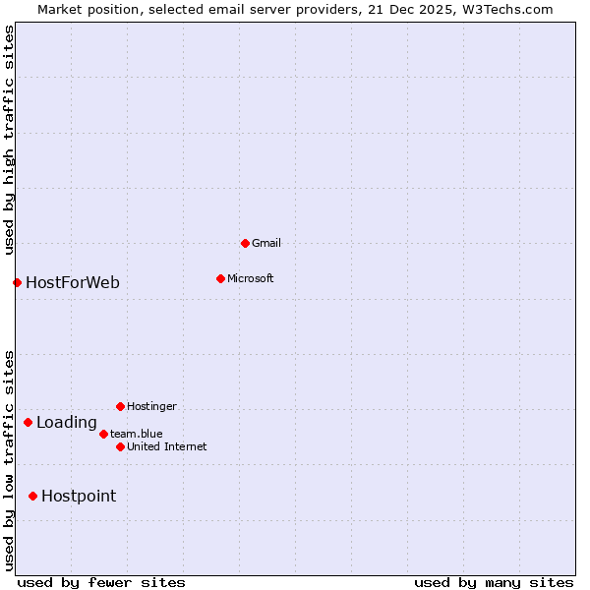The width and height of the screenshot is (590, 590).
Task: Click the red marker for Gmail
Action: click(x=245, y=243)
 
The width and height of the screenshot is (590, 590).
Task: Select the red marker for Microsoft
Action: click(x=220, y=278)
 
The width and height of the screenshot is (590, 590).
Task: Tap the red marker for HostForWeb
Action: click(x=17, y=283)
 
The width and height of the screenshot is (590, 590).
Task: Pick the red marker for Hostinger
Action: click(x=120, y=406)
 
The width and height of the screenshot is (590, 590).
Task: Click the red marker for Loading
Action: click(x=28, y=423)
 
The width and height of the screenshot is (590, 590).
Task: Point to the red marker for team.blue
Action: click(x=103, y=434)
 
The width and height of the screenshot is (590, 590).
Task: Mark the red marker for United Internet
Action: click(x=120, y=446)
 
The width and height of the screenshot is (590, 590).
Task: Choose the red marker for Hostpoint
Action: click(x=32, y=496)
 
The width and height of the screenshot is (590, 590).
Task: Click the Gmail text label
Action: click(x=266, y=243)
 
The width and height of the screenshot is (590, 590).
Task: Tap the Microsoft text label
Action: click(x=251, y=278)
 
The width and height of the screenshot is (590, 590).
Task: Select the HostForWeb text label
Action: click(x=73, y=283)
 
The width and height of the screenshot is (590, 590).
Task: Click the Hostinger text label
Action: click(x=151, y=406)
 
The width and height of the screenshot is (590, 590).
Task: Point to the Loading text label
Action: click(x=67, y=423)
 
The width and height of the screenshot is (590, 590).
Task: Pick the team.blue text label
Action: click(x=137, y=434)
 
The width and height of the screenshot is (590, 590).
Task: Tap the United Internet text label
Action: click(x=167, y=446)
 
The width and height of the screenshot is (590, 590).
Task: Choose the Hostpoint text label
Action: click(x=79, y=496)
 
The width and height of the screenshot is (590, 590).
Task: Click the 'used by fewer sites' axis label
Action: click(x=101, y=582)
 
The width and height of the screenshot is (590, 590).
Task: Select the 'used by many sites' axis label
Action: click(x=494, y=582)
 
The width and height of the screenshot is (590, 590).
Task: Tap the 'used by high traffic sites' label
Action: click(x=9, y=140)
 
